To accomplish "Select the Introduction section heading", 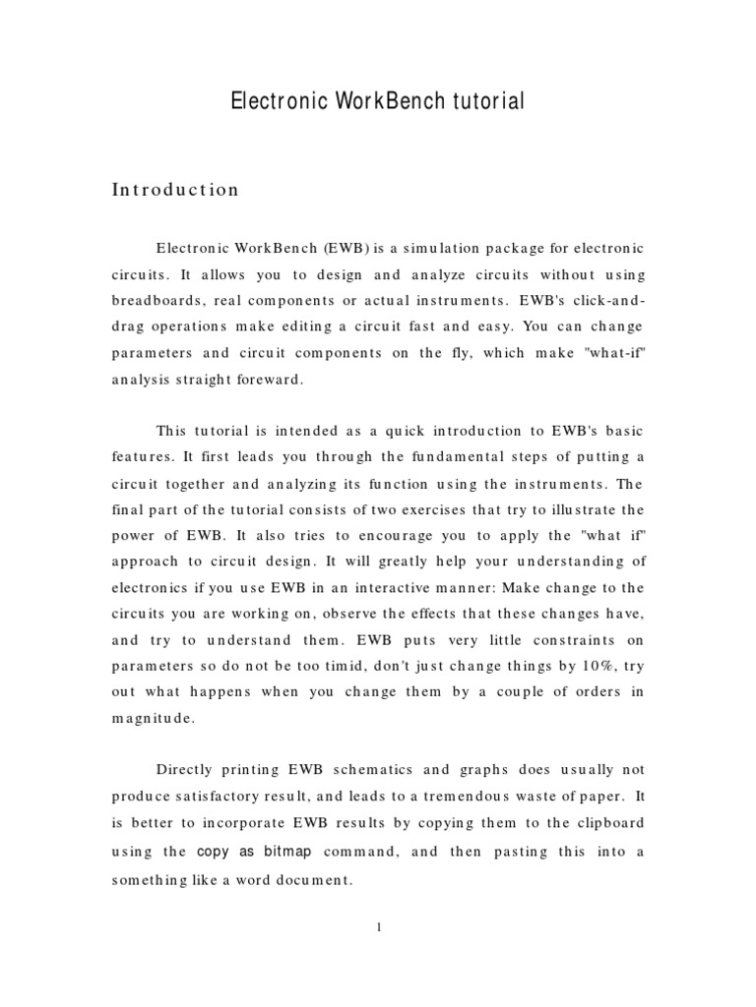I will [175, 190].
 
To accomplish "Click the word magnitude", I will [153, 717].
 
